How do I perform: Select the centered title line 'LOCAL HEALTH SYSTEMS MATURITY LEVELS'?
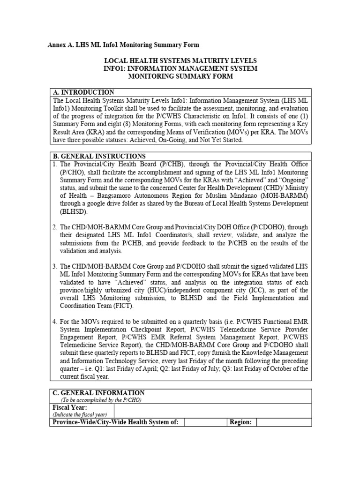tap(180, 61)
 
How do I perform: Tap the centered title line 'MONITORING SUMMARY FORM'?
tap(180, 76)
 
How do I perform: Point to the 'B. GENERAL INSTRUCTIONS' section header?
tap(99, 156)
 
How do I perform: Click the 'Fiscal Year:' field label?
tap(70, 407)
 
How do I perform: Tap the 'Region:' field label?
tap(240, 422)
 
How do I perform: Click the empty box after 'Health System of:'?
tap(205, 422)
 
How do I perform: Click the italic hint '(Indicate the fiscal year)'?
tap(80, 414)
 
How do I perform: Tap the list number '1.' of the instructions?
tap(55, 164)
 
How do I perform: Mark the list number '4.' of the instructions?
tap(55, 322)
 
